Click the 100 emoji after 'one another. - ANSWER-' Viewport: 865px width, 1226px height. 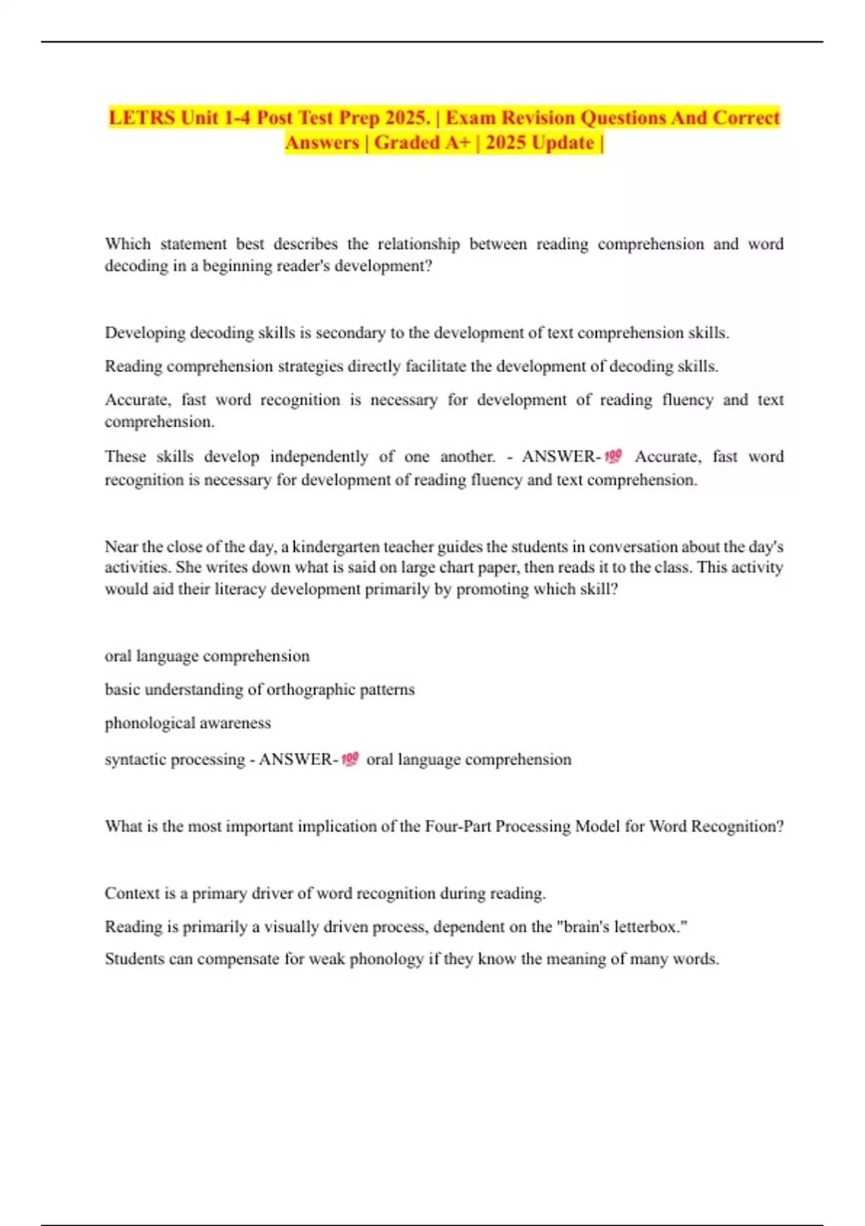613,457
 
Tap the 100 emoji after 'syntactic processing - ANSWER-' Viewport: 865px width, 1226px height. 350,759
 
